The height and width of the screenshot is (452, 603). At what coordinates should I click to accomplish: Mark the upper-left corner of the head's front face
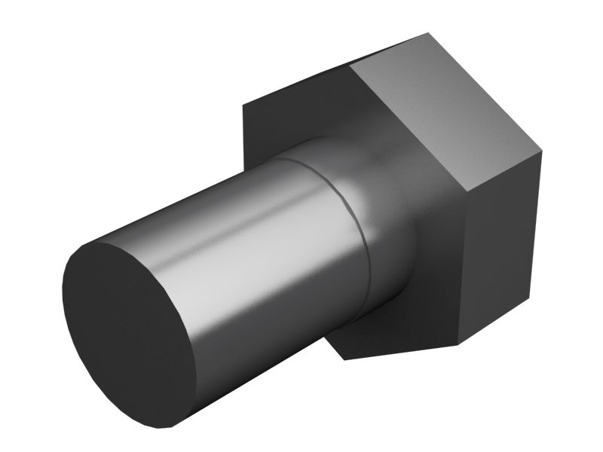click(243, 104)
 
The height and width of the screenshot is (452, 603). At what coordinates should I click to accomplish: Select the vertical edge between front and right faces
click(465, 264)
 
